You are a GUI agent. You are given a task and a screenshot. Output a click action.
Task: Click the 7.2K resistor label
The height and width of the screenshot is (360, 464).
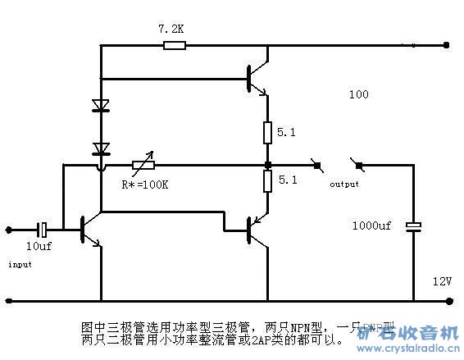click(171, 29)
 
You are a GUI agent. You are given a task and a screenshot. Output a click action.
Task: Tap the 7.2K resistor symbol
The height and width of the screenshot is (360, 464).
click(174, 45)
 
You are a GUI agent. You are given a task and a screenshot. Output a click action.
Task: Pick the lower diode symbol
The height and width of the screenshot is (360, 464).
click(101, 148)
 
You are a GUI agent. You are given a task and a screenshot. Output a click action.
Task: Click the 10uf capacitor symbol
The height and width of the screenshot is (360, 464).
click(47, 229)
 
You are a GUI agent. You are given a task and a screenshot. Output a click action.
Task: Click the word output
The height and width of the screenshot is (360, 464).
click(344, 184)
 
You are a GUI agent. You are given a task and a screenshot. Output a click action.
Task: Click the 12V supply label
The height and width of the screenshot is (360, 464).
click(443, 281)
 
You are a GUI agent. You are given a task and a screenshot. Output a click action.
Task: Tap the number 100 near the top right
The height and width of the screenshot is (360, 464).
click(358, 95)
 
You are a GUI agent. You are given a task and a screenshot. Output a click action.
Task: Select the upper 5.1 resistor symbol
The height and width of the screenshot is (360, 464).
click(267, 130)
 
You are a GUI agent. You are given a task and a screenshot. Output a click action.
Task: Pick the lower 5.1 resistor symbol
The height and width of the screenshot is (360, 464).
click(267, 180)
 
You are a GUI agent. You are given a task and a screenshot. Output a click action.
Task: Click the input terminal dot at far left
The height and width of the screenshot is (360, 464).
click(9, 229)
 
